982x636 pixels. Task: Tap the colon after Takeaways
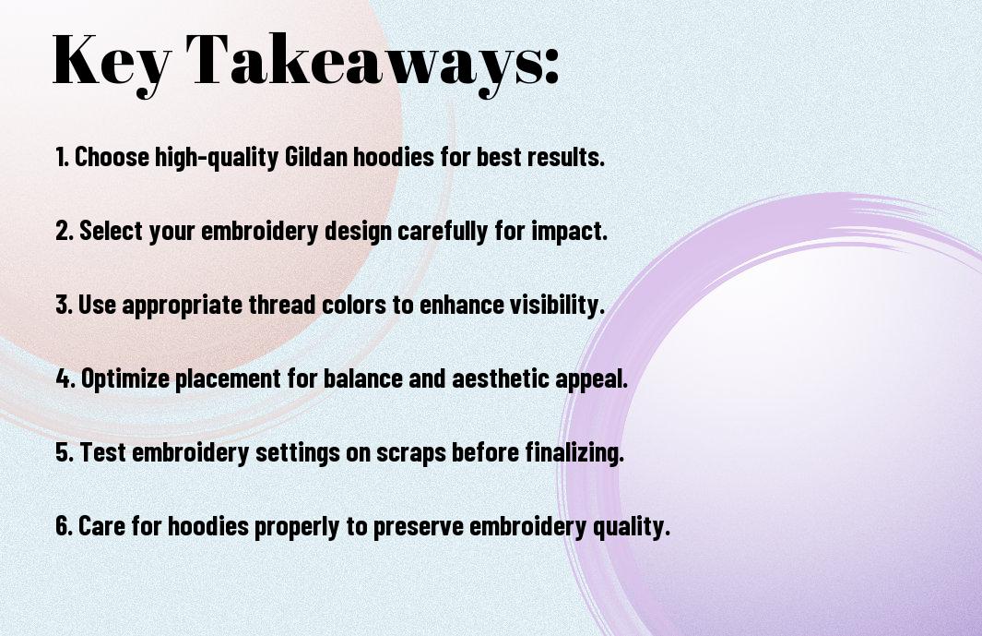pyautogui.click(x=551, y=66)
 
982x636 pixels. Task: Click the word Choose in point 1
pyautogui.click(x=112, y=157)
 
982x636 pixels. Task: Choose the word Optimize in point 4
pyautogui.click(x=125, y=378)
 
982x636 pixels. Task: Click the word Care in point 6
pyautogui.click(x=102, y=526)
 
